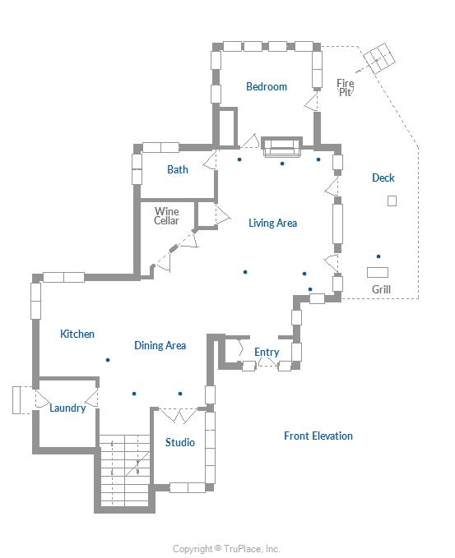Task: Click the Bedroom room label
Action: pos(267,86)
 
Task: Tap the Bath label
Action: pos(178,169)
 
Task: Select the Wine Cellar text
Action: pos(166,216)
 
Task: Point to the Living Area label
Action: pos(272,224)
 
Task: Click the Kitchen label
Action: pos(77,334)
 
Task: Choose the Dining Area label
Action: pos(160,345)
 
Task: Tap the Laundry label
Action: pos(67,408)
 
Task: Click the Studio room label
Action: pos(180,442)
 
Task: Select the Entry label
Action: pos(267,353)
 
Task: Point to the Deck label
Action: pos(383,178)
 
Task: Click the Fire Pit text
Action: pos(346,88)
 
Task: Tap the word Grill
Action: pos(381,289)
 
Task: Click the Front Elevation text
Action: pos(318,436)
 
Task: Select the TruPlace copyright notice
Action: pos(226,549)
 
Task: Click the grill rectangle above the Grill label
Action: pos(378,272)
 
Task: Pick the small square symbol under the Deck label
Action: pos(392,201)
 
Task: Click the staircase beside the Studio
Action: pos(124,470)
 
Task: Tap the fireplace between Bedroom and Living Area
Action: pos(282,147)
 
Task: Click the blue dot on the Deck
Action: pos(378,256)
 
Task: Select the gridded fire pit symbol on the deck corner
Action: pos(379,58)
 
